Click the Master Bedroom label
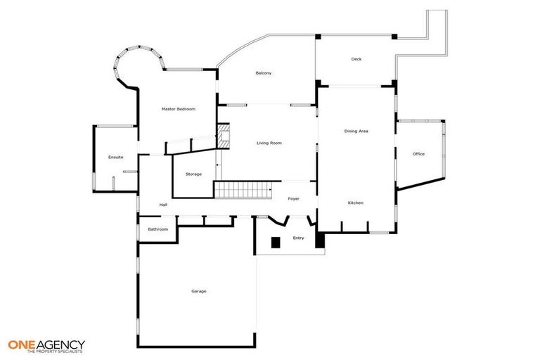pos(178,109)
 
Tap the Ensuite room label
pos(116,157)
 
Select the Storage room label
pos(193,174)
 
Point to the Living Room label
pos(269,143)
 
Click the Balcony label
pos(264,73)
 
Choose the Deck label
pos(356,59)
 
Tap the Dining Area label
pos(356,131)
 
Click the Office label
pos(418,154)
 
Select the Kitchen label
pos(356,202)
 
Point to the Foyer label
pos(293,198)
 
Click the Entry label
pos(298,238)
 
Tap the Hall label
pos(163,205)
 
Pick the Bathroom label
pos(157,229)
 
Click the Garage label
pos(199,291)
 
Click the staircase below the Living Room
pos(241,189)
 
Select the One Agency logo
pos(46,344)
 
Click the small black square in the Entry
pos(276,243)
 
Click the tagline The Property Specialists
pos(55,352)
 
